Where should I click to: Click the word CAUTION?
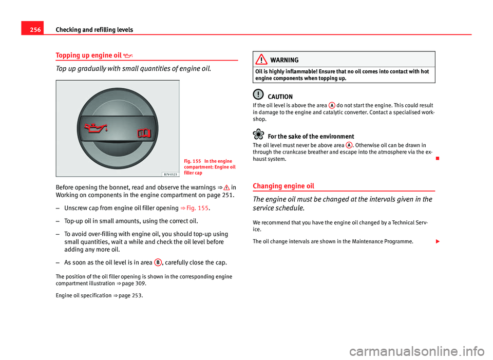pos(280,97)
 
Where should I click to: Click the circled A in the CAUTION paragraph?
pos(333,105)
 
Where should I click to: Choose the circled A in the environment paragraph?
pos(349,145)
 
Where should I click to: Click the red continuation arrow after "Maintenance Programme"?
pos(432,240)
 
